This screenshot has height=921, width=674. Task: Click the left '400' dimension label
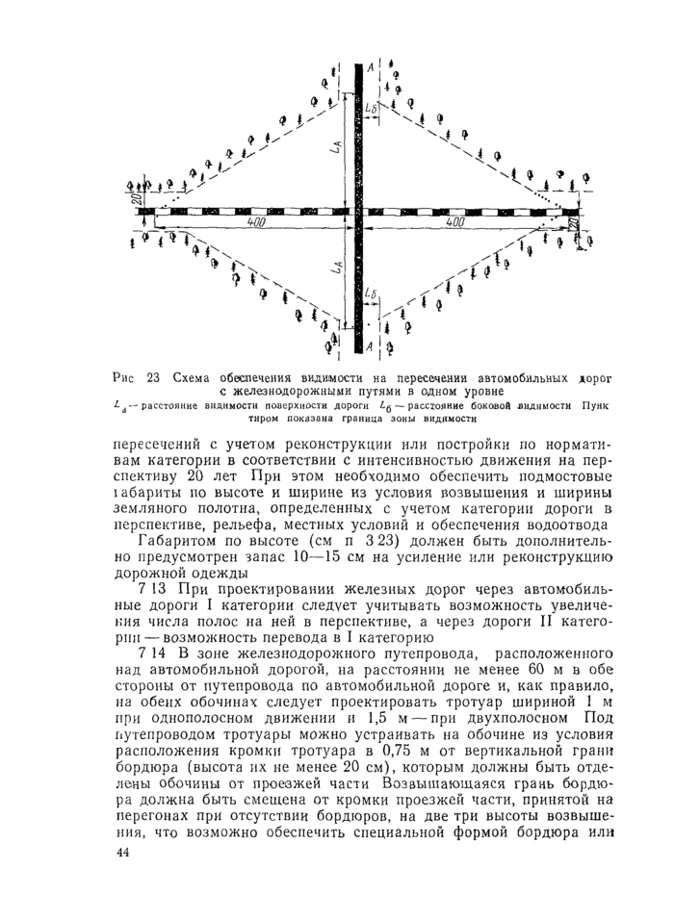coord(255,221)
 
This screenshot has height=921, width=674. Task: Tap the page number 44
coord(123,854)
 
